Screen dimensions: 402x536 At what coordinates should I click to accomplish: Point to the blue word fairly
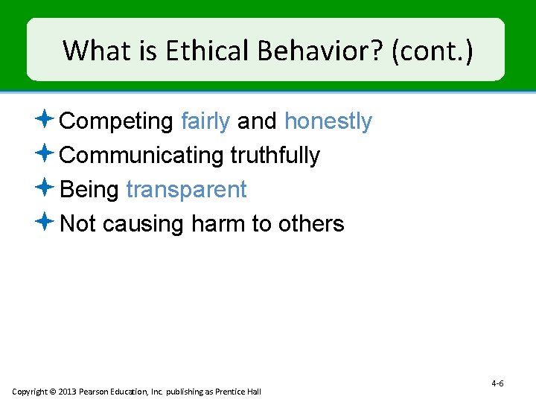point(205,121)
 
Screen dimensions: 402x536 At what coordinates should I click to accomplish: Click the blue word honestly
point(328,121)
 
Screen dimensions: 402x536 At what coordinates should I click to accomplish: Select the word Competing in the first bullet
point(117,121)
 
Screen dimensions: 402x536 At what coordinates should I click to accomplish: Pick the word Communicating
point(141,156)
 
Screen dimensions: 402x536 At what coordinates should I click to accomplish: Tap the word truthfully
point(275,156)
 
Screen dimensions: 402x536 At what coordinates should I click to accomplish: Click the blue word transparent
point(186,190)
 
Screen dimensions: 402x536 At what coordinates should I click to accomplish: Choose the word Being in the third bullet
point(89,190)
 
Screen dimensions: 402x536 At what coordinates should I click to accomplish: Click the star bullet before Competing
point(45,119)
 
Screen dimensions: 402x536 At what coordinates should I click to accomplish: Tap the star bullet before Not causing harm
point(45,222)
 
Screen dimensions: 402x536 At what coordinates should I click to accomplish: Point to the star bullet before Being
point(45,188)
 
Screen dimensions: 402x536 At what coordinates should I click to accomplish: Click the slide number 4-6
point(497,383)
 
